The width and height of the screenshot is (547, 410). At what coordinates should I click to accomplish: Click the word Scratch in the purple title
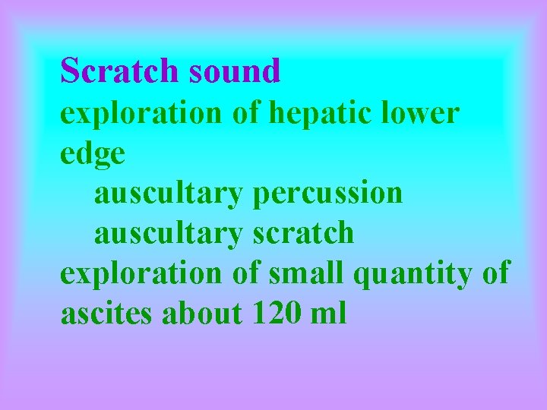[120, 71]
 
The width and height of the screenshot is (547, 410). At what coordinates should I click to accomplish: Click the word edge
[93, 154]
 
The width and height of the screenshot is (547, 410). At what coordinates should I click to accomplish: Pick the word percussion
[327, 194]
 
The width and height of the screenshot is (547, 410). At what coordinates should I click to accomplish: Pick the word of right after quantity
[496, 273]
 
